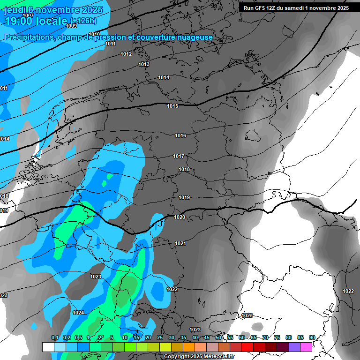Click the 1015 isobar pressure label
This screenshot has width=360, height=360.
[172, 106]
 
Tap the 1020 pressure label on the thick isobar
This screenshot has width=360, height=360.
[180, 217]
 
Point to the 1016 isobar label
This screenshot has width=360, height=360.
[180, 135]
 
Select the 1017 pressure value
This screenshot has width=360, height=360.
[179, 156]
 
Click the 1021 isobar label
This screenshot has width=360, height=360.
[180, 243]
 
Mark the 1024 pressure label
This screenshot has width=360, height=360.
[78, 313]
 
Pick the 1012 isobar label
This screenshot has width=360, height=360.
[126, 54]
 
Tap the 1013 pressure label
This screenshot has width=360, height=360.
[144, 64]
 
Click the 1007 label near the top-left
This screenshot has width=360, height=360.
[28, 15]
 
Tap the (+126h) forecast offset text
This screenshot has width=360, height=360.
[83, 21]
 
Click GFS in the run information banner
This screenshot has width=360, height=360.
[259, 8]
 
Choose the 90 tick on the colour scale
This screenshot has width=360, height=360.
[312, 337]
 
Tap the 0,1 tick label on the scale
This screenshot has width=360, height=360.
[54, 337]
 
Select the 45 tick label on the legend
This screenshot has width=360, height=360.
[207, 337]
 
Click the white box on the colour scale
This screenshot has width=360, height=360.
[48, 347]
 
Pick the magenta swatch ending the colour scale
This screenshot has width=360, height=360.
[306, 347]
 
